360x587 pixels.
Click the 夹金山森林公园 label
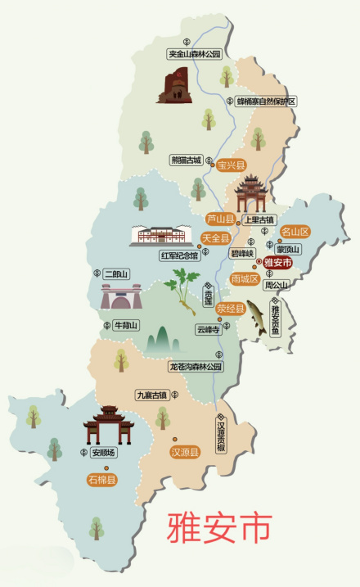195,54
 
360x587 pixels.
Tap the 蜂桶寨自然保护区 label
266,102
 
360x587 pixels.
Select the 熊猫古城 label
186,160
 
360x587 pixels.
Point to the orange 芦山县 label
220,219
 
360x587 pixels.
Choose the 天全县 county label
215,238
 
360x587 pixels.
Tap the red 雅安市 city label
278,263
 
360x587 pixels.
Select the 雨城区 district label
245,279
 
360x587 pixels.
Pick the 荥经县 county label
231,309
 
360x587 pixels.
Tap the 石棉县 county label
102,480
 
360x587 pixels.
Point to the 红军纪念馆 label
179,255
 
